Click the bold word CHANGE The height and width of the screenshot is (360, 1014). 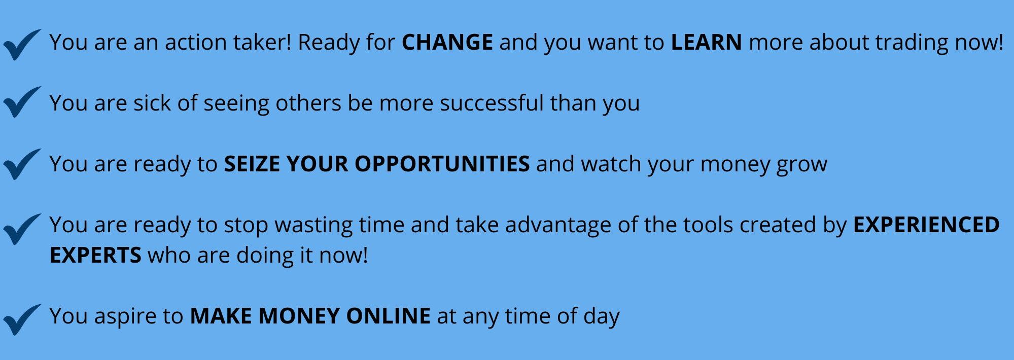click(447, 43)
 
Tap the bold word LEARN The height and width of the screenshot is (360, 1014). click(706, 43)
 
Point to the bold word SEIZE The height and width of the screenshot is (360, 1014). click(252, 164)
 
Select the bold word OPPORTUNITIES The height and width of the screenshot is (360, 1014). click(442, 164)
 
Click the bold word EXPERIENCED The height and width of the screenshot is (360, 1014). click(926, 225)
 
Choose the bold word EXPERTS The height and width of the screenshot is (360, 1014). click(95, 256)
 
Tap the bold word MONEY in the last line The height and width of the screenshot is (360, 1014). click(298, 316)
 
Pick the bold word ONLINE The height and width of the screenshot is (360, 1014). click(389, 316)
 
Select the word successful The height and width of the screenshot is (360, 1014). click(492, 103)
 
